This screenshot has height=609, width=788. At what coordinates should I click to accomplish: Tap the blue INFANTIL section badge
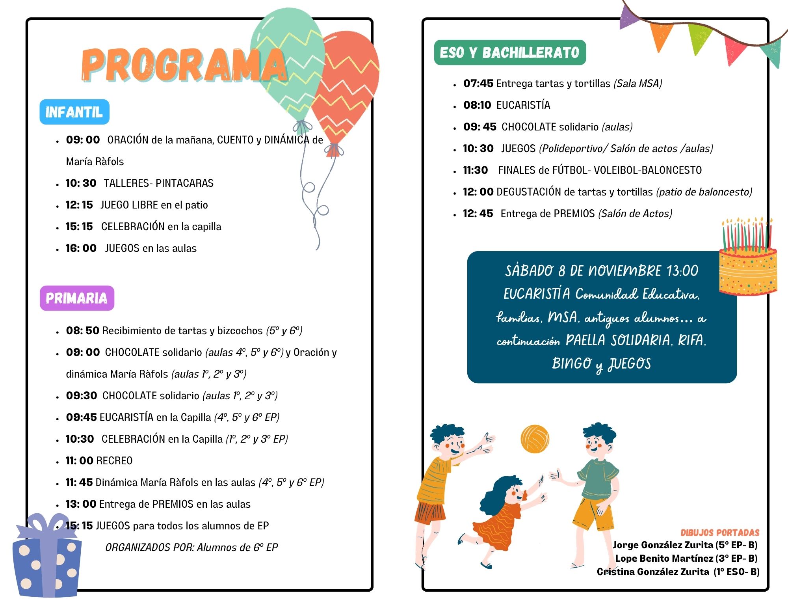click(74, 112)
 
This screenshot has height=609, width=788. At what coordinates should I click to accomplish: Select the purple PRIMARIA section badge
click(77, 298)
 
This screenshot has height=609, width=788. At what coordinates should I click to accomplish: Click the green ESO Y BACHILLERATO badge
click(510, 52)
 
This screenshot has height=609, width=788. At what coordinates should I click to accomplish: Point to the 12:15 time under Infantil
click(79, 205)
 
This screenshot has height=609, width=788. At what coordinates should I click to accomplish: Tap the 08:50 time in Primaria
click(82, 330)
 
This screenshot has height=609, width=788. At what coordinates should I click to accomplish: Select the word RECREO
click(115, 460)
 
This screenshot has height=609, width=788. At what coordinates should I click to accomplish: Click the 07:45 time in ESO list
click(478, 84)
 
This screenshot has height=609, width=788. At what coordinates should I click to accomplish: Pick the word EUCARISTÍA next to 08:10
click(523, 105)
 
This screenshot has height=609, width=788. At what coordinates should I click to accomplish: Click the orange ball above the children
click(535, 439)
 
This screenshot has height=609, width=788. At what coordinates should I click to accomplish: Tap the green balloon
click(288, 63)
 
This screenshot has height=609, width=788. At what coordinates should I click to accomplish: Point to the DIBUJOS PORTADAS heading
click(720, 533)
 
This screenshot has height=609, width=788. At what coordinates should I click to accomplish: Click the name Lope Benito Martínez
click(664, 559)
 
